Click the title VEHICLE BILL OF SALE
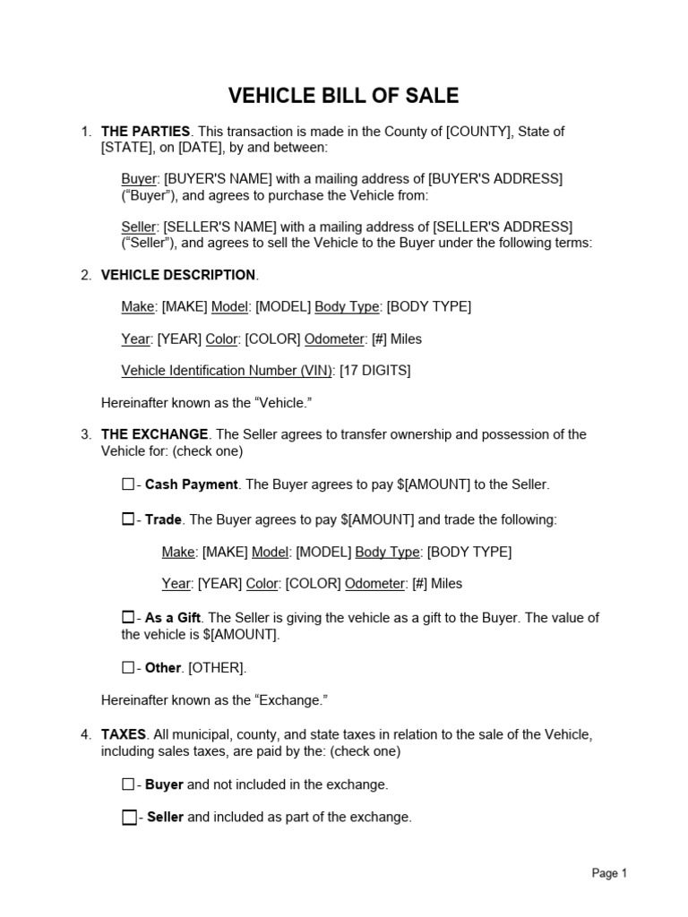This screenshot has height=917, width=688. point(343,96)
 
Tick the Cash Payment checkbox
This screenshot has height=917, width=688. point(127,484)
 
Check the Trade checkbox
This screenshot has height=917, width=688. point(127,518)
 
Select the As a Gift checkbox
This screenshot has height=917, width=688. point(127,617)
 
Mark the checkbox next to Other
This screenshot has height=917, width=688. point(127,667)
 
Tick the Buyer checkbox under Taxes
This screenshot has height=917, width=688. point(127,784)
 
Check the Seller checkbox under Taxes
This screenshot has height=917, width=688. point(129,817)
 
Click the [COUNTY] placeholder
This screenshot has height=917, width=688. point(478,132)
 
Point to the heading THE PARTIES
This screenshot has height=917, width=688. point(145,132)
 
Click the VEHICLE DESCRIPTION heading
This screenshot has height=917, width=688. point(178,275)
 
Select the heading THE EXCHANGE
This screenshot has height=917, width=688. point(155,434)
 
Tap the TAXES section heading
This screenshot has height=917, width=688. point(124,734)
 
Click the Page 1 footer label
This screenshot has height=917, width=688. point(609,873)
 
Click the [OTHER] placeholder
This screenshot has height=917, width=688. point(217,668)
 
